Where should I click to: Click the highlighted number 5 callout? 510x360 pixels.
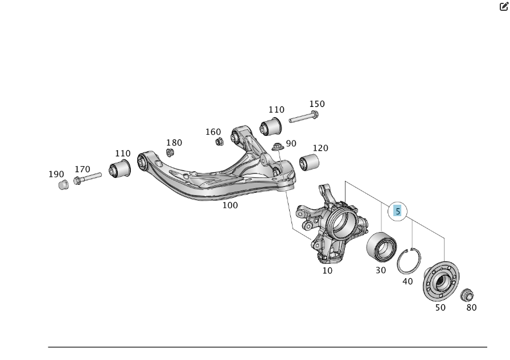[398, 211]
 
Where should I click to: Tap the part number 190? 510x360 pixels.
[56, 174]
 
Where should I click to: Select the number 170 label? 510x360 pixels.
[83, 169]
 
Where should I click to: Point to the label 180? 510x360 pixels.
[174, 143]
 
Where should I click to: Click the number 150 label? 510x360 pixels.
[317, 104]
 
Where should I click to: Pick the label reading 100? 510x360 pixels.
[230, 205]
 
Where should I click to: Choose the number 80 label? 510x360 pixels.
[471, 308]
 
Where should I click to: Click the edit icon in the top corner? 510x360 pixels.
[504, 7]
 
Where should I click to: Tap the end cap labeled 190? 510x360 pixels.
[64, 184]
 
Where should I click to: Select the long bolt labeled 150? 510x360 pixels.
[303, 118]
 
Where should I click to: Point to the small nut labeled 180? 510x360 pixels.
[170, 152]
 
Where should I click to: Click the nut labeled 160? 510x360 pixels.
[219, 141]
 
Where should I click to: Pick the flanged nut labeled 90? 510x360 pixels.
[278, 146]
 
